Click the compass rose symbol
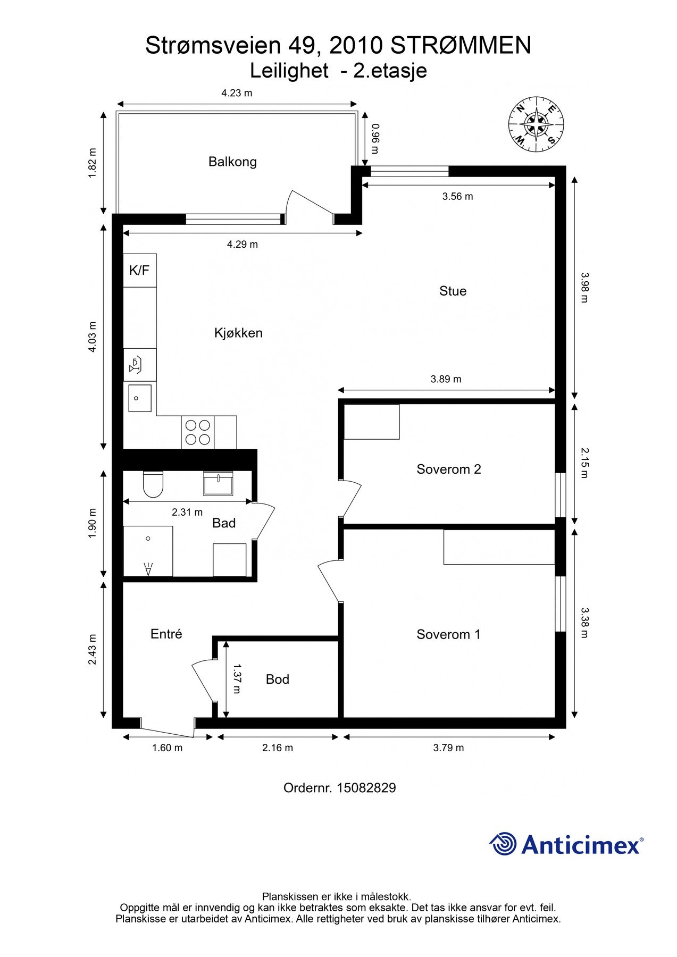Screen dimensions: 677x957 536,125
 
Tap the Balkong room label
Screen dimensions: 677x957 232,162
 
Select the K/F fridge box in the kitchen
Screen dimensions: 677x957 140,271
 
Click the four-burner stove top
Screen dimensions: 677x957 197,432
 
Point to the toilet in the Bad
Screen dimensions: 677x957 153,484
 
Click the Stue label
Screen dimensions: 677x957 453,291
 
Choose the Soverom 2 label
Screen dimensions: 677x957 449,469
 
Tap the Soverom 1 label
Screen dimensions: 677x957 448,634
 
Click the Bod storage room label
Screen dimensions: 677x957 278,679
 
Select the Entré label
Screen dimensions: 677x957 166,634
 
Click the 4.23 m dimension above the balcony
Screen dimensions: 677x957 237,93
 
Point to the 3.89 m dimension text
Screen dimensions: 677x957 446,379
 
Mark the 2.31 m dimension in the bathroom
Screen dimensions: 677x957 187,513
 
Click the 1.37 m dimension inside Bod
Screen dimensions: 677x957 237,678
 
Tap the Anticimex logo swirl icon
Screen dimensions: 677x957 503,844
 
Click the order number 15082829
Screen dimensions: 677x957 366,788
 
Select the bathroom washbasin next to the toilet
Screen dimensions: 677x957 218,483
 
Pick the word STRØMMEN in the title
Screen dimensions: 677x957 461,46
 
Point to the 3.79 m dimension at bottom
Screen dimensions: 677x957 448,748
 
